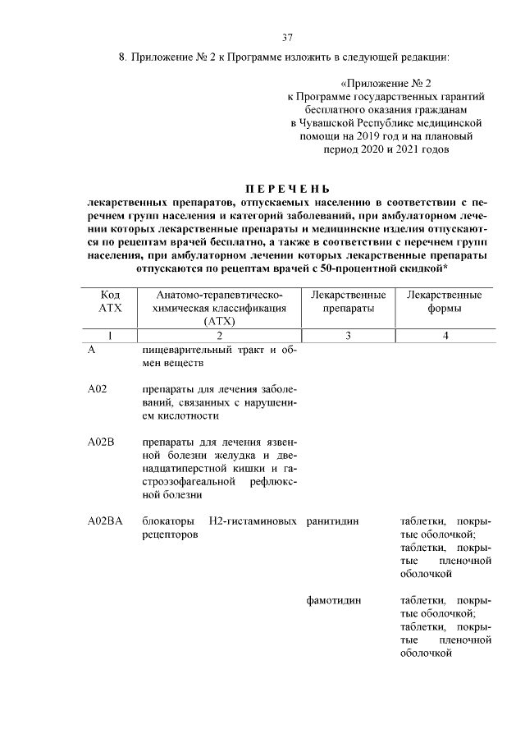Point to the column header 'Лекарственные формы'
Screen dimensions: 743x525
444,301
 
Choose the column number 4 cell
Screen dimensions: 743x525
444,335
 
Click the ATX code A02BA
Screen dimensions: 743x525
104,521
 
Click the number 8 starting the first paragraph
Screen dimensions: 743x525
121,57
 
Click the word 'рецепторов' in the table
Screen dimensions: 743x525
169,534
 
